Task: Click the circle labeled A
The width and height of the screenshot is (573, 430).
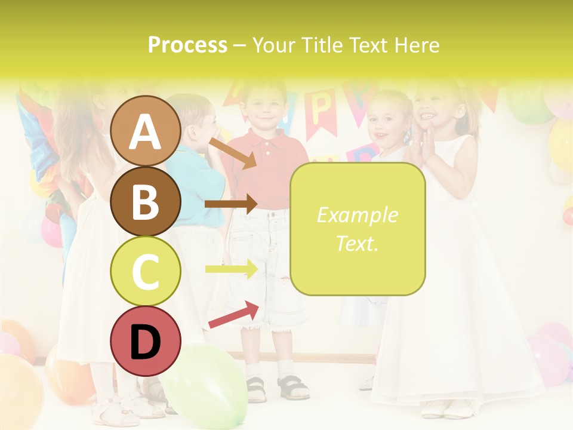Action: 146,131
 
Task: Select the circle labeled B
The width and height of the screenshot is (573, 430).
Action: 146,201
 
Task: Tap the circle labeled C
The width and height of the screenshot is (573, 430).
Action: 146,271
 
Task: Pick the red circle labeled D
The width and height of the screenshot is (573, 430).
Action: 146,341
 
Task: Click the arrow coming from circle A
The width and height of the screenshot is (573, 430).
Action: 233,153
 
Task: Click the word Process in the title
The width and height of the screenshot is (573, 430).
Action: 187,45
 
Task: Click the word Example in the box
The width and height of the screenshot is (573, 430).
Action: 357,215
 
